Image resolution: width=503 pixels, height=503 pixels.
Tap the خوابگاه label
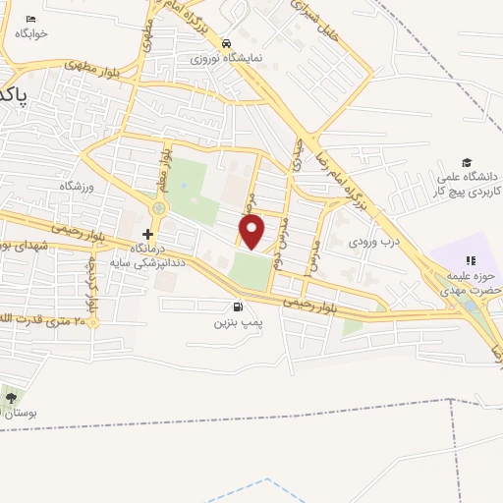tap(31, 33)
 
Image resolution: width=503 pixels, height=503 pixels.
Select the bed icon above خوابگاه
tap(30, 19)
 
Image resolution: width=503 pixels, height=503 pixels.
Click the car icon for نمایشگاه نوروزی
tap(226, 44)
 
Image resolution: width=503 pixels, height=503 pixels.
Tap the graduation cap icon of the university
tap(467, 163)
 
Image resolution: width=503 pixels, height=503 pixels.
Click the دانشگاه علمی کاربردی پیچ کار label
tap(468, 181)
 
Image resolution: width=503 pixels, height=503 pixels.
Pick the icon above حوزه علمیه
tap(470, 260)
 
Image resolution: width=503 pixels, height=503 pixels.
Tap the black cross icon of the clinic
tap(147, 234)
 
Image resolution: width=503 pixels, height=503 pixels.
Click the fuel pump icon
tap(237, 307)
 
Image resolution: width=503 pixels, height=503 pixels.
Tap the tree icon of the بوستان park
tap(11, 398)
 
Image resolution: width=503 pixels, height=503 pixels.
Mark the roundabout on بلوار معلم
tap(158, 207)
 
